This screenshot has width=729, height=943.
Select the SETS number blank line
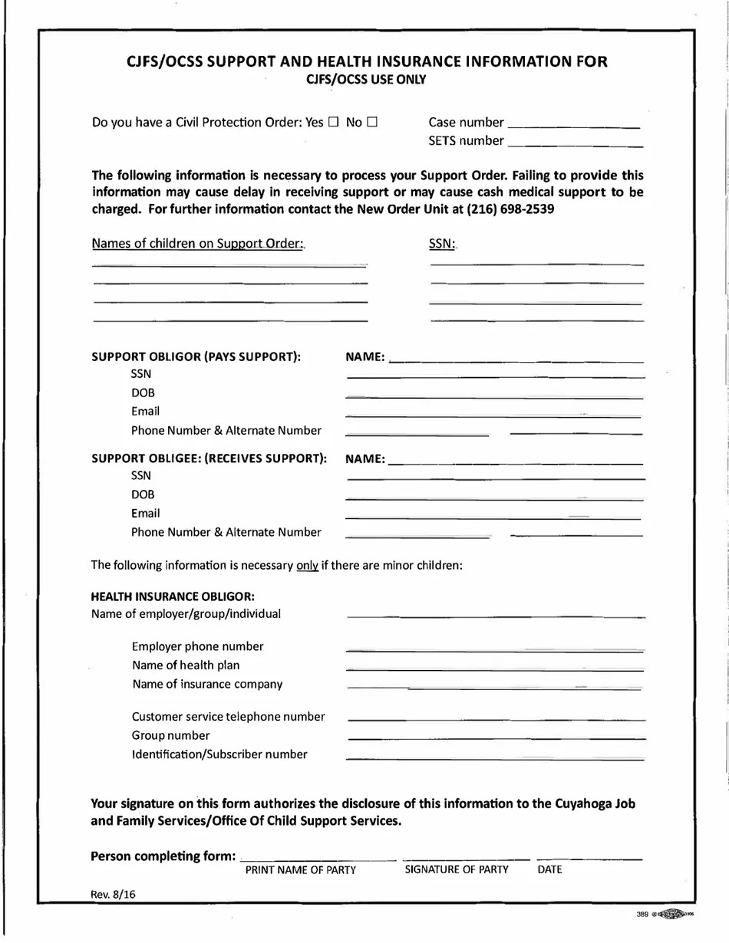coord(576,144)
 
